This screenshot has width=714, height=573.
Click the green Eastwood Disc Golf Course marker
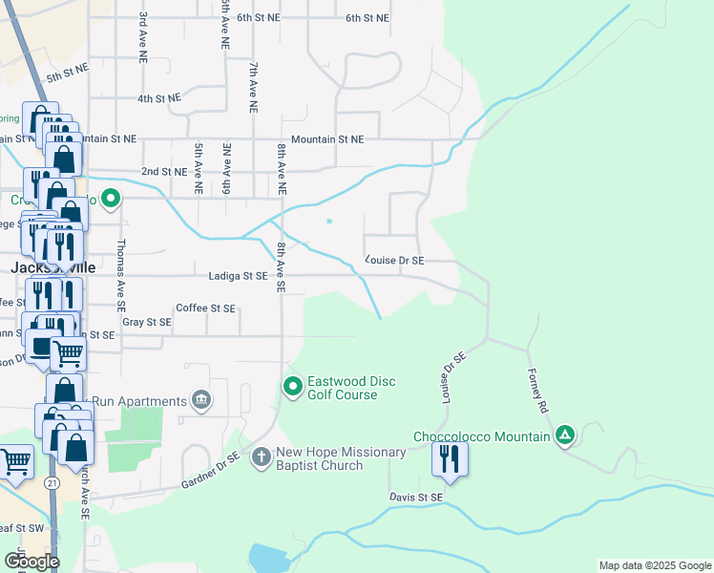pos(293,386)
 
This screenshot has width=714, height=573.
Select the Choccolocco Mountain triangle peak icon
pos(565,436)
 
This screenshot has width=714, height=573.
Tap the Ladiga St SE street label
pos(242,276)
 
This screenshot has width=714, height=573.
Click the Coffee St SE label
pos(205,308)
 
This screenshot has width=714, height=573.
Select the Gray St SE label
pos(147,323)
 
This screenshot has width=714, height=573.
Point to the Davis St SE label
pos(416,498)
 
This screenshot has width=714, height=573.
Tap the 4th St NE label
pos(159,98)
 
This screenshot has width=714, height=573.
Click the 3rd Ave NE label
pos(142,38)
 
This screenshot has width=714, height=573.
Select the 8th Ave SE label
pos(282,266)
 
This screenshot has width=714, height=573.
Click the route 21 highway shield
pos(52,484)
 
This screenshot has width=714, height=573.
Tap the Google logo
pos(31,562)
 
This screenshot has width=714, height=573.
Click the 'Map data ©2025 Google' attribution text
pos(654,565)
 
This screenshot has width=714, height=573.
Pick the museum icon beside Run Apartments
pos(201,398)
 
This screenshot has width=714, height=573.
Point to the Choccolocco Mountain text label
pos(481,437)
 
